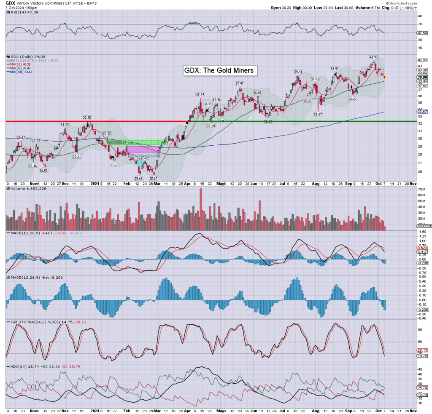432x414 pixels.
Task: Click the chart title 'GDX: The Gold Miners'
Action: click(219, 70)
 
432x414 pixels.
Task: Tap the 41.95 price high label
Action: click(373, 57)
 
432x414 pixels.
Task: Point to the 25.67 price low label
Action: click(153, 179)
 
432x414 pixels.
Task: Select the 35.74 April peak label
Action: click(200, 94)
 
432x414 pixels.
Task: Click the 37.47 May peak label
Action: click(240, 83)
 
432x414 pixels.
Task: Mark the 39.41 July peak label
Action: click(298, 72)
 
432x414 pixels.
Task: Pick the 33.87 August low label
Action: click(318, 114)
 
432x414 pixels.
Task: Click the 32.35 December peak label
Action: click(87, 118)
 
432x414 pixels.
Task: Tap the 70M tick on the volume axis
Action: click(421, 190)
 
